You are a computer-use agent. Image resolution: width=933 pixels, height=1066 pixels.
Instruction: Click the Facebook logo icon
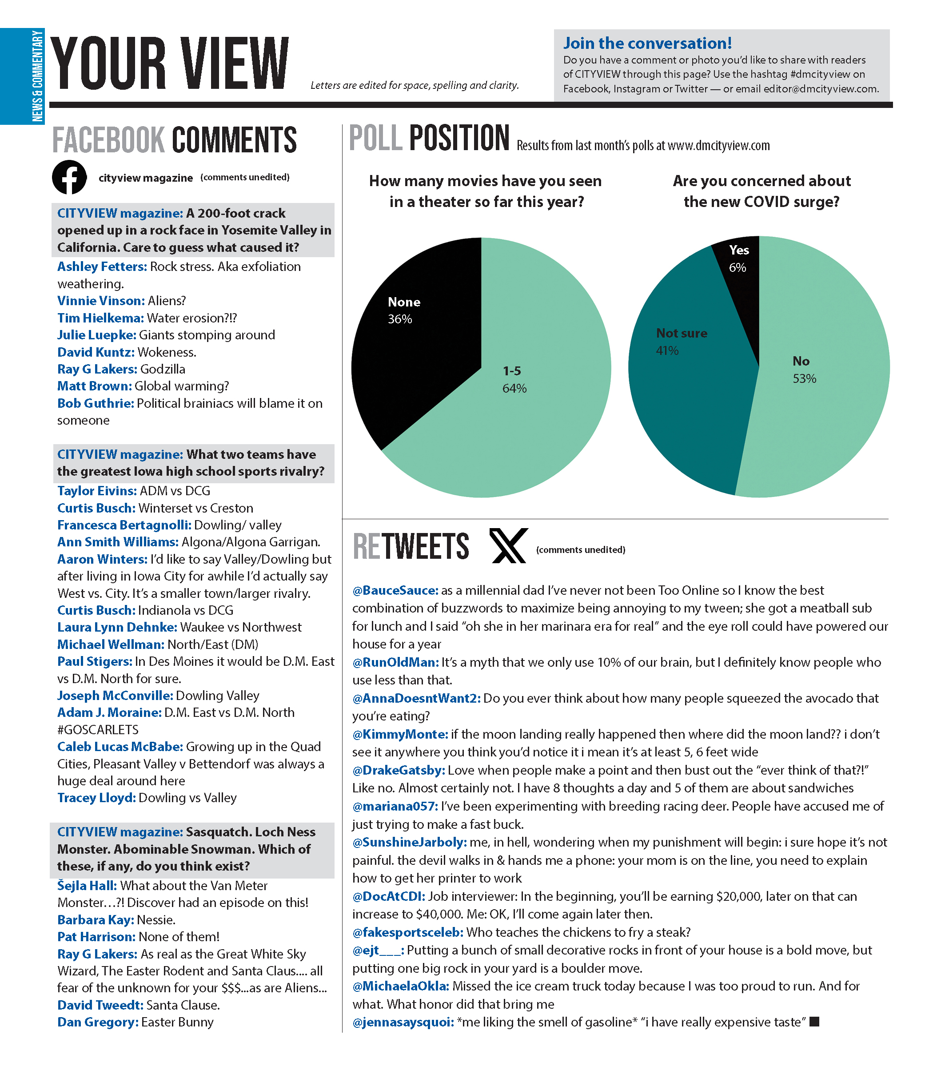pyautogui.click(x=69, y=177)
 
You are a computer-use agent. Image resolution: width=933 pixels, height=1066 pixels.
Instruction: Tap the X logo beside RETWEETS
pyautogui.click(x=508, y=545)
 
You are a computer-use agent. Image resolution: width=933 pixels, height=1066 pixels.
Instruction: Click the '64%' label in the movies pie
pyautogui.click(x=514, y=388)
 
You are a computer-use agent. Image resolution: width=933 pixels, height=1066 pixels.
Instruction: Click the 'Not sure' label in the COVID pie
pyautogui.click(x=681, y=333)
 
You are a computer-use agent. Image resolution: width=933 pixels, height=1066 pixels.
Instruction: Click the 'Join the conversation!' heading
pyautogui.click(x=647, y=43)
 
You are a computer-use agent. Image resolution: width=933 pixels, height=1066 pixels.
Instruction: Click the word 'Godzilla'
pyautogui.click(x=163, y=369)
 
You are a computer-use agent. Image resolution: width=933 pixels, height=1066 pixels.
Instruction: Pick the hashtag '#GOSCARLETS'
pyautogui.click(x=98, y=729)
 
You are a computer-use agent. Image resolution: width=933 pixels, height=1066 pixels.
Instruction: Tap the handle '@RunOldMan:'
pyautogui.click(x=395, y=662)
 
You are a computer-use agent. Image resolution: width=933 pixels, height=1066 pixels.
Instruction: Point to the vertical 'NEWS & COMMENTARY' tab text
pyautogui.click(x=37, y=76)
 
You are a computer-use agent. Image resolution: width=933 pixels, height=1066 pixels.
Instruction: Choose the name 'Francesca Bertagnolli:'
pyautogui.click(x=124, y=525)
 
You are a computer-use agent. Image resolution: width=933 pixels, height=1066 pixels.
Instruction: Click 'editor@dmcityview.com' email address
pyautogui.click(x=821, y=88)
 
